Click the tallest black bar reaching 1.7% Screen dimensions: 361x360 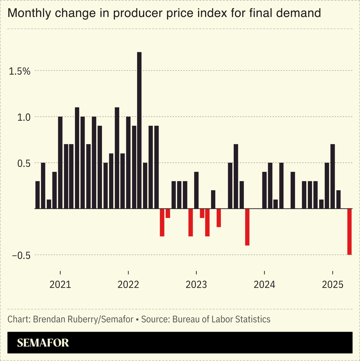pyautogui.click(x=139, y=130)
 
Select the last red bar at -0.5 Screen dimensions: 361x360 pyautogui.click(x=350, y=232)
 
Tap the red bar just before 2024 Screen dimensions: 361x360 pyautogui.click(x=247, y=227)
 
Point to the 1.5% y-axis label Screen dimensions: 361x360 pyautogui.click(x=20, y=71)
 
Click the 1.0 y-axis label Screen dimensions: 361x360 pyautogui.click(x=23, y=117)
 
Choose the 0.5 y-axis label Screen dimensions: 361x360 pyautogui.click(x=23, y=164)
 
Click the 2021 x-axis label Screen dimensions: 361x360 pyautogui.click(x=60, y=285)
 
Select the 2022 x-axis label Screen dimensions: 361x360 pyautogui.click(x=128, y=285)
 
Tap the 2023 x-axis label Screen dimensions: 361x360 pyautogui.click(x=196, y=285)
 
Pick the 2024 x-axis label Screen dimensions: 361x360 pyautogui.click(x=264, y=285)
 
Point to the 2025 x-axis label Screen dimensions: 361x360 pyautogui.click(x=332, y=285)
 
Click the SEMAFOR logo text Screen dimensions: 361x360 pyautogui.click(x=43, y=343)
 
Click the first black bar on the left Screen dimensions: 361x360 pyautogui.click(x=38, y=195)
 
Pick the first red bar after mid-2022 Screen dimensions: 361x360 pyautogui.click(x=162, y=222)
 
